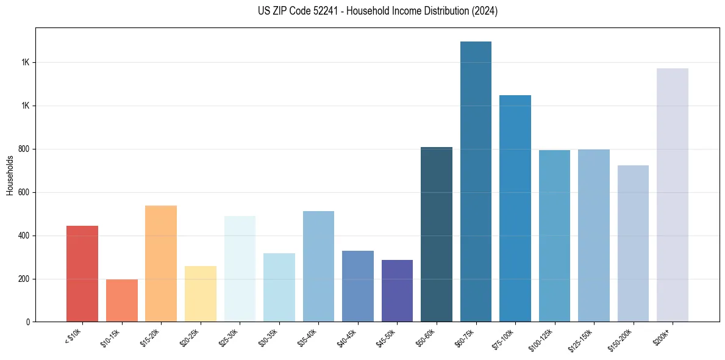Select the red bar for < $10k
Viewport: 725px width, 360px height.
pos(82,274)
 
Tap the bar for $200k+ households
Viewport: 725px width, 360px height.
pos(673,195)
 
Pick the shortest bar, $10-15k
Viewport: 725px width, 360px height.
pos(121,301)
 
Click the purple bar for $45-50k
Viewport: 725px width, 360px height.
pos(397,291)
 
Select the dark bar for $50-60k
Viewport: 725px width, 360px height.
pos(437,234)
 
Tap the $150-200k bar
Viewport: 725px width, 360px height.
pos(633,243)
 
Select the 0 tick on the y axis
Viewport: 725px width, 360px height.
pos(27,322)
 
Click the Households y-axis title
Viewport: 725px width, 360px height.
pos(10,175)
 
